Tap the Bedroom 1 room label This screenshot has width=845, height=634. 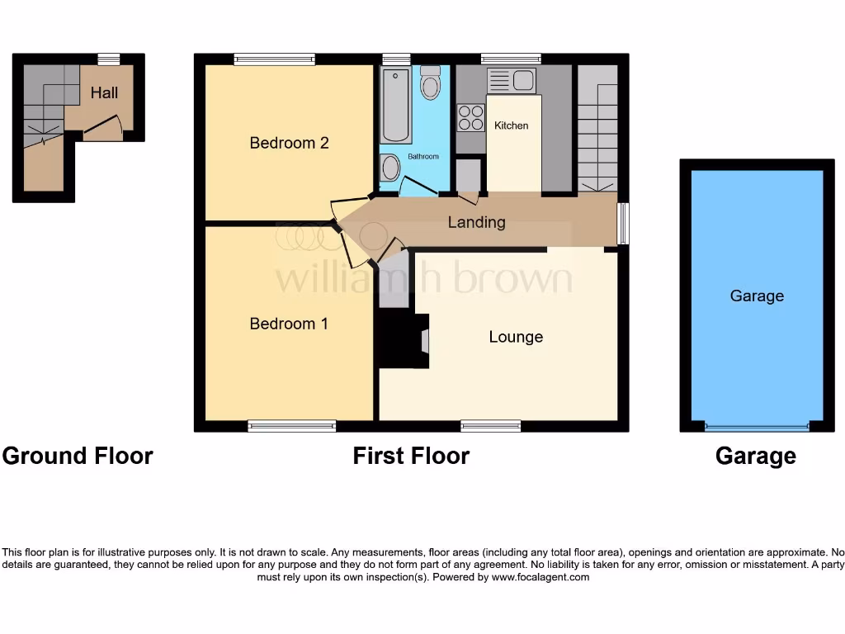click(289, 324)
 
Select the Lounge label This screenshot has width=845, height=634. click(516, 337)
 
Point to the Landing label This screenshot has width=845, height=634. click(476, 222)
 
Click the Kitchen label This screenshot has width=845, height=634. click(511, 125)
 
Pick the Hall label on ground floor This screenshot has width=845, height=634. click(104, 92)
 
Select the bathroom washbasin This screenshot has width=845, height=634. click(390, 169)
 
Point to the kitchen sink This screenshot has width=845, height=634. click(511, 80)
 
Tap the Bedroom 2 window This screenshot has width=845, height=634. click(274, 59)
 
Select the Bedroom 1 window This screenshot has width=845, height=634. click(291, 426)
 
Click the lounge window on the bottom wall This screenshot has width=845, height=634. click(490, 426)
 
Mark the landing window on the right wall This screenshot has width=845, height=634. click(623, 223)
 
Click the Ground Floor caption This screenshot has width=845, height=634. click(78, 456)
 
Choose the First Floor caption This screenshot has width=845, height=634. click(411, 456)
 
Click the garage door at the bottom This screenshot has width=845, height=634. click(757, 428)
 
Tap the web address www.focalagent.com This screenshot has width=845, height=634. click(541, 577)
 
